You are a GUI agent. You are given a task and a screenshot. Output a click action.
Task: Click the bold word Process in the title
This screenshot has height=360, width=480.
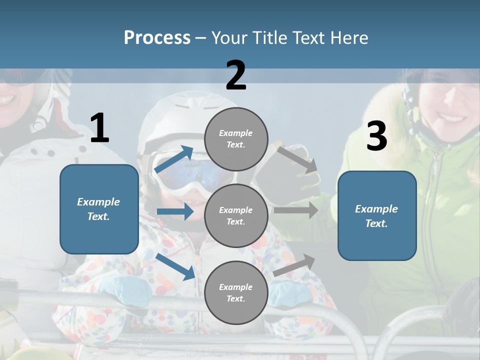(x=157, y=37)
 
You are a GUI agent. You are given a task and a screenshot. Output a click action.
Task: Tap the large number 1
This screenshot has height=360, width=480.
(x=99, y=128)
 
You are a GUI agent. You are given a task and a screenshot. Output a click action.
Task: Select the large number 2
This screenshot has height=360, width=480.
(x=236, y=75)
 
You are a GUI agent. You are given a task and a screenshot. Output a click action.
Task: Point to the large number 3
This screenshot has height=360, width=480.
(x=376, y=136)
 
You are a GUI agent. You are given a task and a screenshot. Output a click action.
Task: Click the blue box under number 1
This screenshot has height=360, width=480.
(x=99, y=209)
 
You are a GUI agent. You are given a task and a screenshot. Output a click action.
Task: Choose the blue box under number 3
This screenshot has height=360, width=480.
(x=377, y=216)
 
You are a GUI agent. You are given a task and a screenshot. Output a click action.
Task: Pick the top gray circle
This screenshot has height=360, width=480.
(x=236, y=139)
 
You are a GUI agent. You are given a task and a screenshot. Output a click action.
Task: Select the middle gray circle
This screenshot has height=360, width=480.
(x=236, y=215)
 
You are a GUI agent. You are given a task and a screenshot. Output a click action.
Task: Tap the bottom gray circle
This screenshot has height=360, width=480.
(x=236, y=292)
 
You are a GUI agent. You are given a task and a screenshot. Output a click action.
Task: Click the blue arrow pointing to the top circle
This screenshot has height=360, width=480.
(x=174, y=159)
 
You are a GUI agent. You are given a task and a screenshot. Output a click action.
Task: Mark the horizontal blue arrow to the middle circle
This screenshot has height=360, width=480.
(x=175, y=211)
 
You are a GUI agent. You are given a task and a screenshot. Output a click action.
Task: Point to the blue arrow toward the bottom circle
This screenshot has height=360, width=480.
(x=175, y=266)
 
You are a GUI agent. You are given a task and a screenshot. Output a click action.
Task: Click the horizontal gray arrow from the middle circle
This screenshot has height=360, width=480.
(x=295, y=210)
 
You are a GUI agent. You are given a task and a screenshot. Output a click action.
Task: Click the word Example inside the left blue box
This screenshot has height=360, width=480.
(x=98, y=202)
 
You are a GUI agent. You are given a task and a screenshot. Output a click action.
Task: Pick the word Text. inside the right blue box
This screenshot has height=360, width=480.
(x=376, y=223)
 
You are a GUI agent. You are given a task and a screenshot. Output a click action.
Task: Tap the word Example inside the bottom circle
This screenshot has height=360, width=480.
(x=236, y=287)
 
